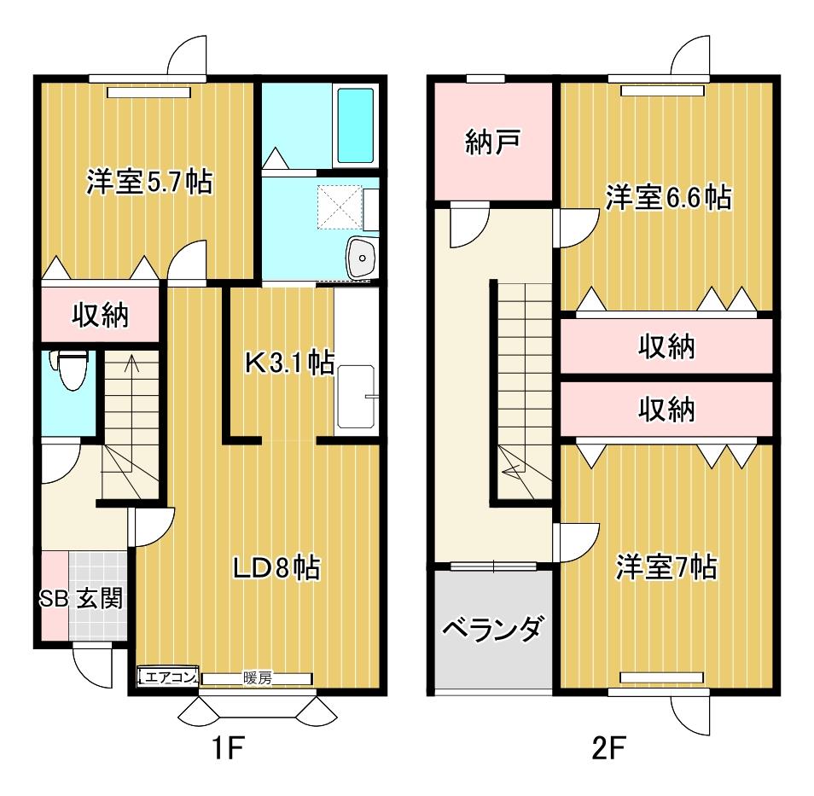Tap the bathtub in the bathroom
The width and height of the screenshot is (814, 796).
tap(356, 125)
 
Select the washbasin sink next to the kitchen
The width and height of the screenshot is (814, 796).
tap(363, 257)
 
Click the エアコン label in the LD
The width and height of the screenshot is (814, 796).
tap(168, 677)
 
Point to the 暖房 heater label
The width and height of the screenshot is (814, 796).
tap(258, 678)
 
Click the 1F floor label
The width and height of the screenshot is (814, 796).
tap(227, 749)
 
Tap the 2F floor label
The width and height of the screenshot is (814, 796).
tap(608, 749)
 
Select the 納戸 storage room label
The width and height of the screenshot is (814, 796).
tap(492, 142)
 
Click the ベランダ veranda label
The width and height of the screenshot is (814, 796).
tap(493, 629)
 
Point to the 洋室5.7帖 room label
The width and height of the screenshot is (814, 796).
tap(149, 182)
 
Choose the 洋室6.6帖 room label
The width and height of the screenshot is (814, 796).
tap(669, 197)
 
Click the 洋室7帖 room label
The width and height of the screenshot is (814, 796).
tap(666, 567)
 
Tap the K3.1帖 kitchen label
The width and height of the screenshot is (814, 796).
tap(289, 363)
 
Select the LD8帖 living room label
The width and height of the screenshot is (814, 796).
tap(276, 567)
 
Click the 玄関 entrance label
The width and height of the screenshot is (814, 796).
tap(100, 599)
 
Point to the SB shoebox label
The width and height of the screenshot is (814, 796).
tap(54, 599)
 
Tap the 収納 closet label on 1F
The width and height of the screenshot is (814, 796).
tap(100, 315)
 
